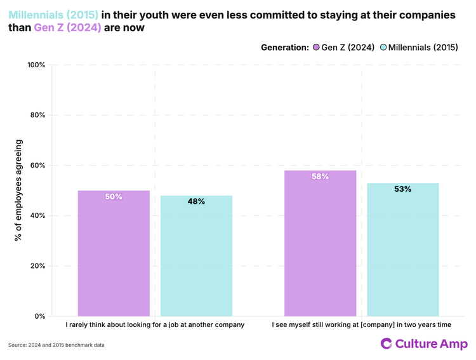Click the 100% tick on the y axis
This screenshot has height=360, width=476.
point(36,65)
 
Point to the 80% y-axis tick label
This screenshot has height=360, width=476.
point(37,115)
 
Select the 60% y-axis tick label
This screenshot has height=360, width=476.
point(37,165)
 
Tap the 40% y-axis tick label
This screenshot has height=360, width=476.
point(37,215)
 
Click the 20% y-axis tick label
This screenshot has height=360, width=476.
point(37,266)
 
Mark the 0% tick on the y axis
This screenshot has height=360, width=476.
point(39,316)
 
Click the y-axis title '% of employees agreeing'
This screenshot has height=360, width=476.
point(18,190)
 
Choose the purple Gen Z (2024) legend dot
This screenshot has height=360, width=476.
point(316,48)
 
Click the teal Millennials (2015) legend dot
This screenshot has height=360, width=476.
point(383,48)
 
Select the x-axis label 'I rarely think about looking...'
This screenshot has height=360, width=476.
point(155,325)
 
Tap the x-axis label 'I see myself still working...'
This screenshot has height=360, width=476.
point(361,325)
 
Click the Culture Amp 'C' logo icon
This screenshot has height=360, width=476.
point(387,343)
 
